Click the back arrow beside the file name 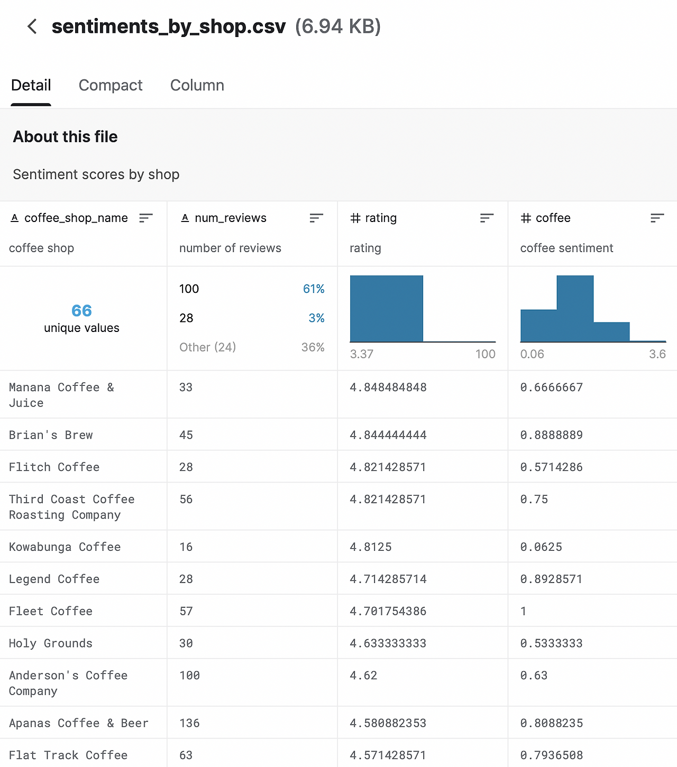pyautogui.click(x=32, y=26)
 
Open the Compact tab pyautogui.click(x=111, y=85)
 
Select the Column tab pyautogui.click(x=197, y=85)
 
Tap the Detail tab pyautogui.click(x=31, y=85)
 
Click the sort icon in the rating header pyautogui.click(x=487, y=218)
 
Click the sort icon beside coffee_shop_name pyautogui.click(x=145, y=218)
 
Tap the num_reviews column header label pyautogui.click(x=230, y=218)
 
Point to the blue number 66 pyautogui.click(x=81, y=311)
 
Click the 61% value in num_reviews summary pyautogui.click(x=314, y=289)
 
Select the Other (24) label pyautogui.click(x=207, y=347)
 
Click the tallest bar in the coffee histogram pyautogui.click(x=575, y=308)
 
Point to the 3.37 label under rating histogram pyautogui.click(x=362, y=354)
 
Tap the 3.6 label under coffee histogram pyautogui.click(x=657, y=354)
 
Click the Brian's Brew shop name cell pyautogui.click(x=51, y=435)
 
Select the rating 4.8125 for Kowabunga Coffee pyautogui.click(x=371, y=547)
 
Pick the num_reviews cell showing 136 pyautogui.click(x=189, y=723)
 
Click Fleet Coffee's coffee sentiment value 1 pyautogui.click(x=523, y=612)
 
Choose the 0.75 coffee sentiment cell pyautogui.click(x=534, y=500)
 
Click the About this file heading pyautogui.click(x=66, y=137)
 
